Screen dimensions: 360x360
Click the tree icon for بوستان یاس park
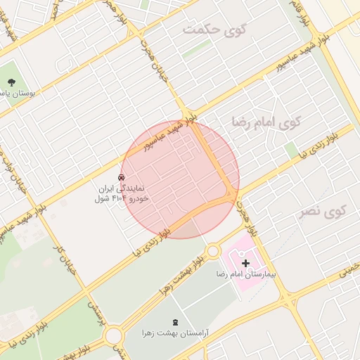(x=12, y=82)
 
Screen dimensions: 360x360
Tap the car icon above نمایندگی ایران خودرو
(x=122, y=177)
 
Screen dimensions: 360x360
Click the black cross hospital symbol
(x=245, y=262)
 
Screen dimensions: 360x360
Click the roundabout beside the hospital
(x=213, y=251)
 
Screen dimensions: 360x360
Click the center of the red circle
(x=180, y=179)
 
